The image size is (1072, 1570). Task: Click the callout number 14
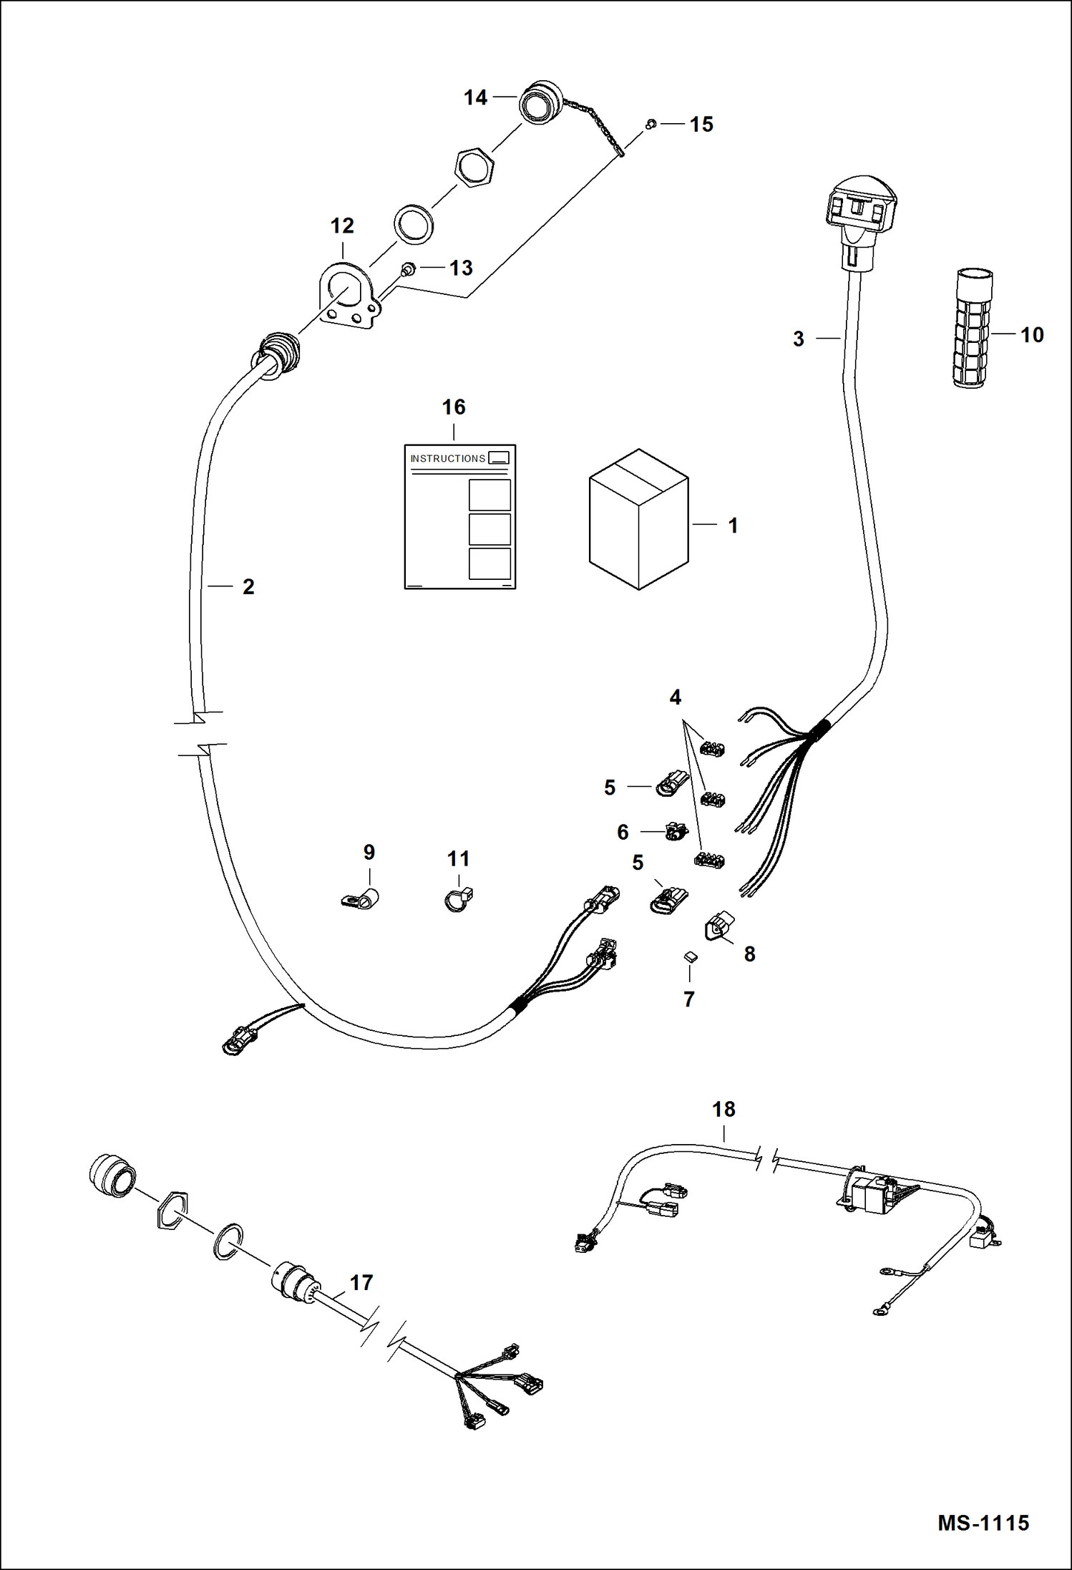(475, 97)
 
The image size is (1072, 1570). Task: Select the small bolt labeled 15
(650, 125)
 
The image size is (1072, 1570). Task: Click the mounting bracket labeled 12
(349, 297)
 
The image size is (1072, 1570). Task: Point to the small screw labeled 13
(408, 270)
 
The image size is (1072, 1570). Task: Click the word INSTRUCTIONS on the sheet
(448, 458)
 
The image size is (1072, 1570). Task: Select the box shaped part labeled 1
(638, 520)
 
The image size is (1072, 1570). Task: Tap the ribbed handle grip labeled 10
(973, 329)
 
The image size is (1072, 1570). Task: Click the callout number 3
(799, 339)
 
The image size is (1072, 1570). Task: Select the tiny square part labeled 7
(691, 956)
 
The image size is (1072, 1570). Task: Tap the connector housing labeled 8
(720, 925)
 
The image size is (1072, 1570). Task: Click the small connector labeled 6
(676, 831)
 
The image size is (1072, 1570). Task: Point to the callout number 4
(675, 697)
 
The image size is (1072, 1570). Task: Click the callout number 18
(723, 1109)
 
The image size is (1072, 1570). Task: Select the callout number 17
(361, 1282)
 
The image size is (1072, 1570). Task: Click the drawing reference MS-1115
(983, 1523)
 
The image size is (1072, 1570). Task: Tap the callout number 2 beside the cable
(248, 586)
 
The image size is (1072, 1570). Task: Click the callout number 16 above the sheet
(454, 407)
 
